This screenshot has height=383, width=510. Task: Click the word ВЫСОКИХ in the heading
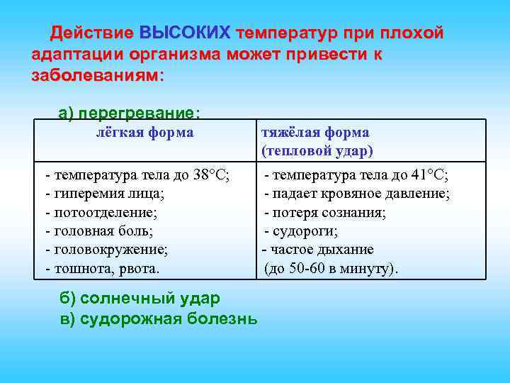[x=185, y=33]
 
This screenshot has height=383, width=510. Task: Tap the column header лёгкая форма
[x=144, y=133]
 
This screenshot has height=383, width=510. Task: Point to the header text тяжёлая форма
[x=315, y=133]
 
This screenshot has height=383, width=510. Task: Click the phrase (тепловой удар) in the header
[x=317, y=151]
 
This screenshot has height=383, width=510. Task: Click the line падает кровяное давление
[x=357, y=194]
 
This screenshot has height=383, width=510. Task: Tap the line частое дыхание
[x=318, y=250]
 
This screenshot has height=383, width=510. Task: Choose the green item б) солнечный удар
[x=140, y=299]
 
